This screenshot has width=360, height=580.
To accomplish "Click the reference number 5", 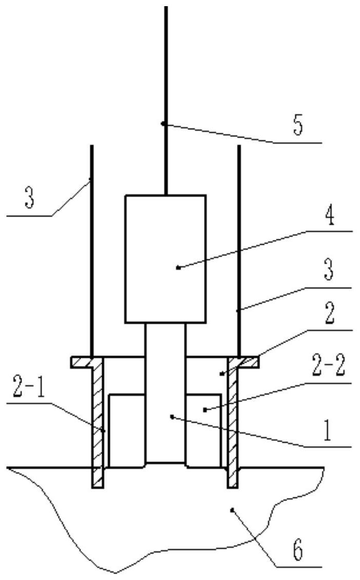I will pos(298,126).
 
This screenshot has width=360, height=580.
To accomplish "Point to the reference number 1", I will pos(329,432).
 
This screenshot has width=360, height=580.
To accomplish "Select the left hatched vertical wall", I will pos(98,421).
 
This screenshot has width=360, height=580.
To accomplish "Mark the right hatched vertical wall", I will pos(233,421).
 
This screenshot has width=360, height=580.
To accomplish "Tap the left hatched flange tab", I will pos(81,362).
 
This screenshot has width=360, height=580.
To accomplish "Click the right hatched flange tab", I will pos(249,362).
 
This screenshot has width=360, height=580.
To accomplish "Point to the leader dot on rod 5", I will pos(163,123).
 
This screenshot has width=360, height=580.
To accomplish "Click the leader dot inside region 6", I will pos(232,509).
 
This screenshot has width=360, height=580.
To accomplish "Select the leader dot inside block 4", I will pos(177,267).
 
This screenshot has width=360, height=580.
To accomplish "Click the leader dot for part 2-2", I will pos(204,409).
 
